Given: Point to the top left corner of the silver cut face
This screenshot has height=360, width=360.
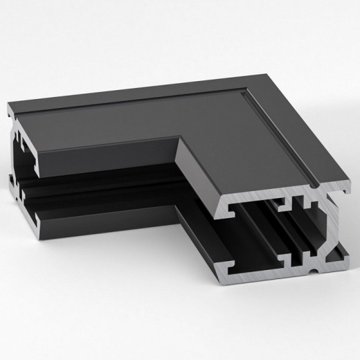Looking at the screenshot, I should (x=223, y=205).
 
